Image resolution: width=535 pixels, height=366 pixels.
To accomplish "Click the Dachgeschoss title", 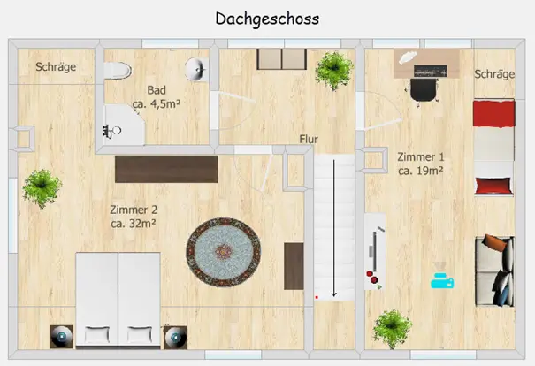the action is click(267, 19).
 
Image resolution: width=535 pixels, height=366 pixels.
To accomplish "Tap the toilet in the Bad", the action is click(117, 71).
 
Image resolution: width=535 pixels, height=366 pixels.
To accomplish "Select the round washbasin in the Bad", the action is click(195, 69).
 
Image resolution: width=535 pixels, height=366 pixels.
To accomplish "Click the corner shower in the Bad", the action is click(124, 125).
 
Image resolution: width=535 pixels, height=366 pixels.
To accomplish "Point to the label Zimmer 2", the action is click(134, 210).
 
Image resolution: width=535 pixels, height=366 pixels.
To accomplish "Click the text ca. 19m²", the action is click(421, 171).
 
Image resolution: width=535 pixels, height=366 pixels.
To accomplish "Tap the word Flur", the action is click(309, 139).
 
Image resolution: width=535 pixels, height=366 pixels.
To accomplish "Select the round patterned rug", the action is click(223, 252).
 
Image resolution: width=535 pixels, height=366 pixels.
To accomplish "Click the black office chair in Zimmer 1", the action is click(423, 90).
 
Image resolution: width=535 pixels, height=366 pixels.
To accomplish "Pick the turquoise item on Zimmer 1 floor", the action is click(442, 281).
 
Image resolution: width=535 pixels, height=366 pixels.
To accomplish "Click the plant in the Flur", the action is click(334, 71).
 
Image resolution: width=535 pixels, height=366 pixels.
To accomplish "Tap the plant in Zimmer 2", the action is click(42, 188).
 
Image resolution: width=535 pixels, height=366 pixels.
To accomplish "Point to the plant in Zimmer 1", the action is click(392, 329).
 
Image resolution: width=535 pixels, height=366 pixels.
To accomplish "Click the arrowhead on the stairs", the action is click(334, 294).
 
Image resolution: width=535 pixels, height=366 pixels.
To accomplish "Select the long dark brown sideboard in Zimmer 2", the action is click(166, 169).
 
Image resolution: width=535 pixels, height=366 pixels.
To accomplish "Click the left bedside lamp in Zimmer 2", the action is click(61, 337).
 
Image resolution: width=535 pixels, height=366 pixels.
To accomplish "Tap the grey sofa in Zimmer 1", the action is click(494, 271).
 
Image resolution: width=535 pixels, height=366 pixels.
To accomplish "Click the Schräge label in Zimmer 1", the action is click(494, 74).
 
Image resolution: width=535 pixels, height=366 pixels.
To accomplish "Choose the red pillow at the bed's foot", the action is click(493, 186).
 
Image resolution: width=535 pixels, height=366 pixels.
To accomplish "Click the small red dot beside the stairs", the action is click(317, 297).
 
